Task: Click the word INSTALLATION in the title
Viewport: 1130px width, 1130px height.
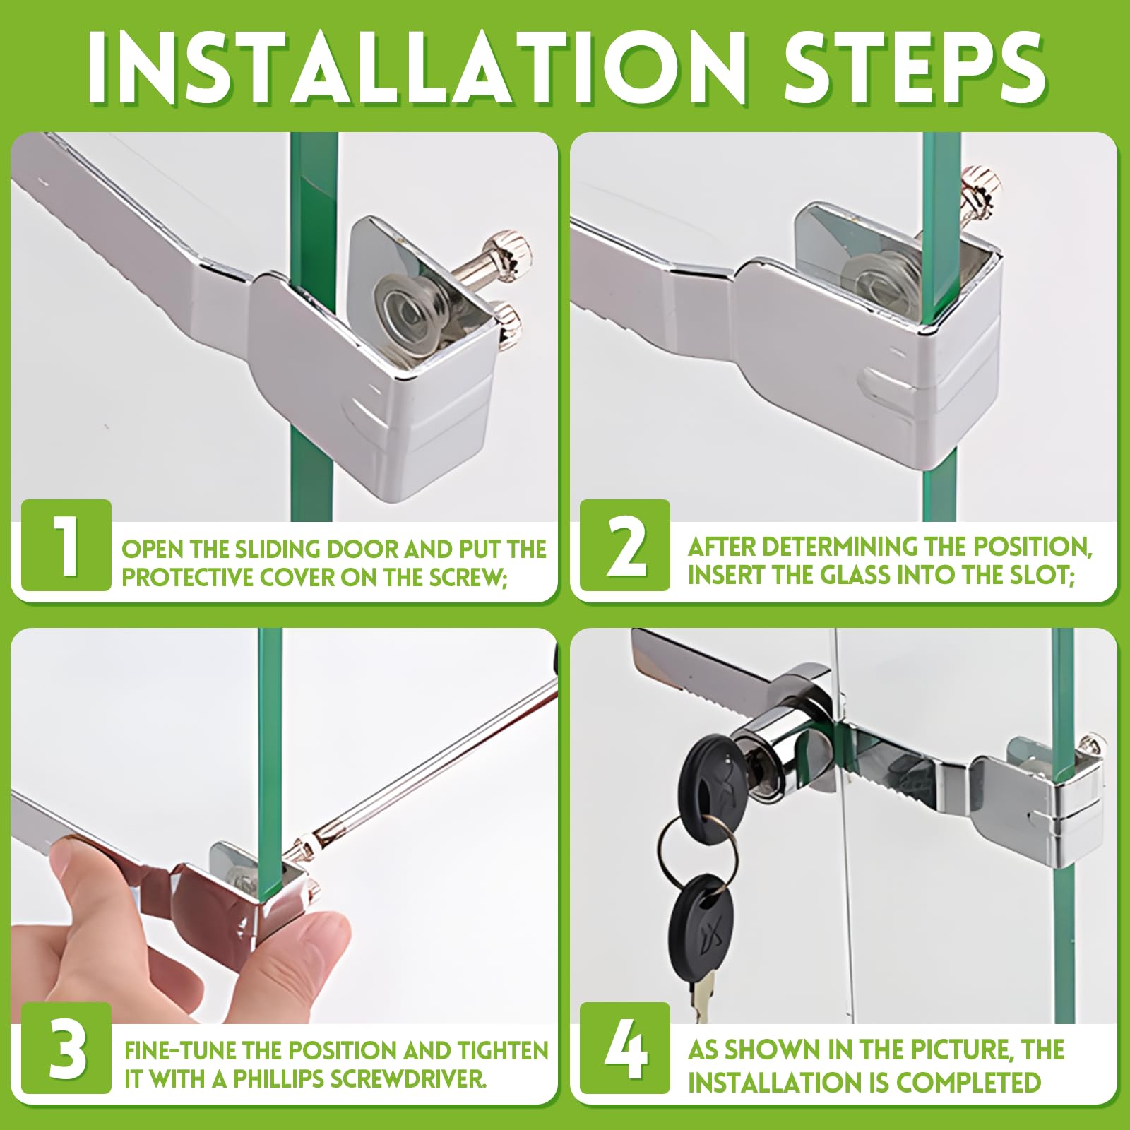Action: (417, 69)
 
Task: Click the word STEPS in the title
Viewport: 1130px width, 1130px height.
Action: (915, 69)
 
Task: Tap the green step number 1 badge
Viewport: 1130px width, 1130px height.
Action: (66, 545)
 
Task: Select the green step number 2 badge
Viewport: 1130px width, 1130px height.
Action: (625, 545)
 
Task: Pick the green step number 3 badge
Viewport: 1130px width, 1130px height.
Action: (66, 1048)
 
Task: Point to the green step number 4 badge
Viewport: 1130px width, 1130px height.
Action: (625, 1048)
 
